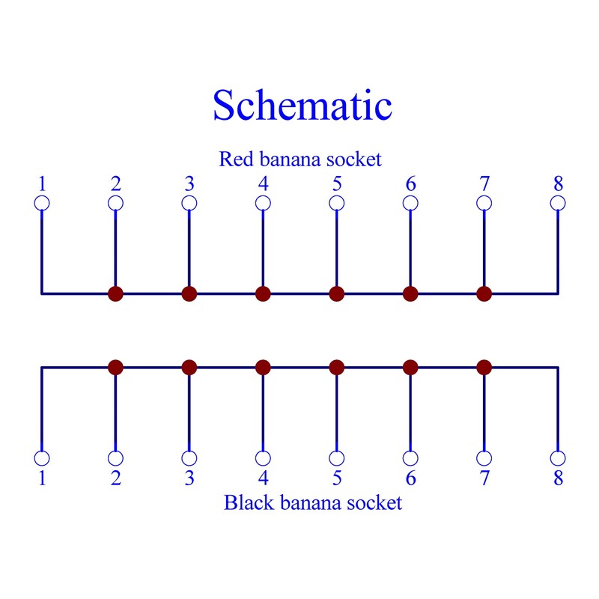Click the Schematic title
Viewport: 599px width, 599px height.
pos(302,105)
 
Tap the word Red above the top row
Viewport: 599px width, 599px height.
pos(236,159)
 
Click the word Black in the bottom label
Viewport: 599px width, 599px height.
pos(249,502)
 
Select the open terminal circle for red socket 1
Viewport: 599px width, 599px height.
pos(42,203)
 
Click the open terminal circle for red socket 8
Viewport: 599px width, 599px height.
pos(558,203)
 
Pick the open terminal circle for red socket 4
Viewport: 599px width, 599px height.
pos(263,203)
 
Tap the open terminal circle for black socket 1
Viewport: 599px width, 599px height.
pos(42,458)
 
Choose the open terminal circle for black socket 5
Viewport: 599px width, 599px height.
pos(336,458)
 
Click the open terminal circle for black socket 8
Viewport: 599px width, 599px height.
pos(558,458)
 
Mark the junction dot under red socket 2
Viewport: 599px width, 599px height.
pos(116,294)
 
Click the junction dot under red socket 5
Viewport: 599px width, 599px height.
pos(336,294)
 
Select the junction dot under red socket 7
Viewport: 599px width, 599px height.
pos(484,294)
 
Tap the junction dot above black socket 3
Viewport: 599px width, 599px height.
pos(189,368)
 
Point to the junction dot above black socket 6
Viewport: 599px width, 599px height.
pos(410,368)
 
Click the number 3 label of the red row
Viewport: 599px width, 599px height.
pos(189,183)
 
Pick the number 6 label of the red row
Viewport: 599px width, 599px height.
pos(410,183)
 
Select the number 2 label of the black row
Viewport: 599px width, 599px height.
pos(116,478)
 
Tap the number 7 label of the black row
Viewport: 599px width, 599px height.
pos(484,478)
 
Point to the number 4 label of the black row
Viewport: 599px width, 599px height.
pos(264,478)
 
